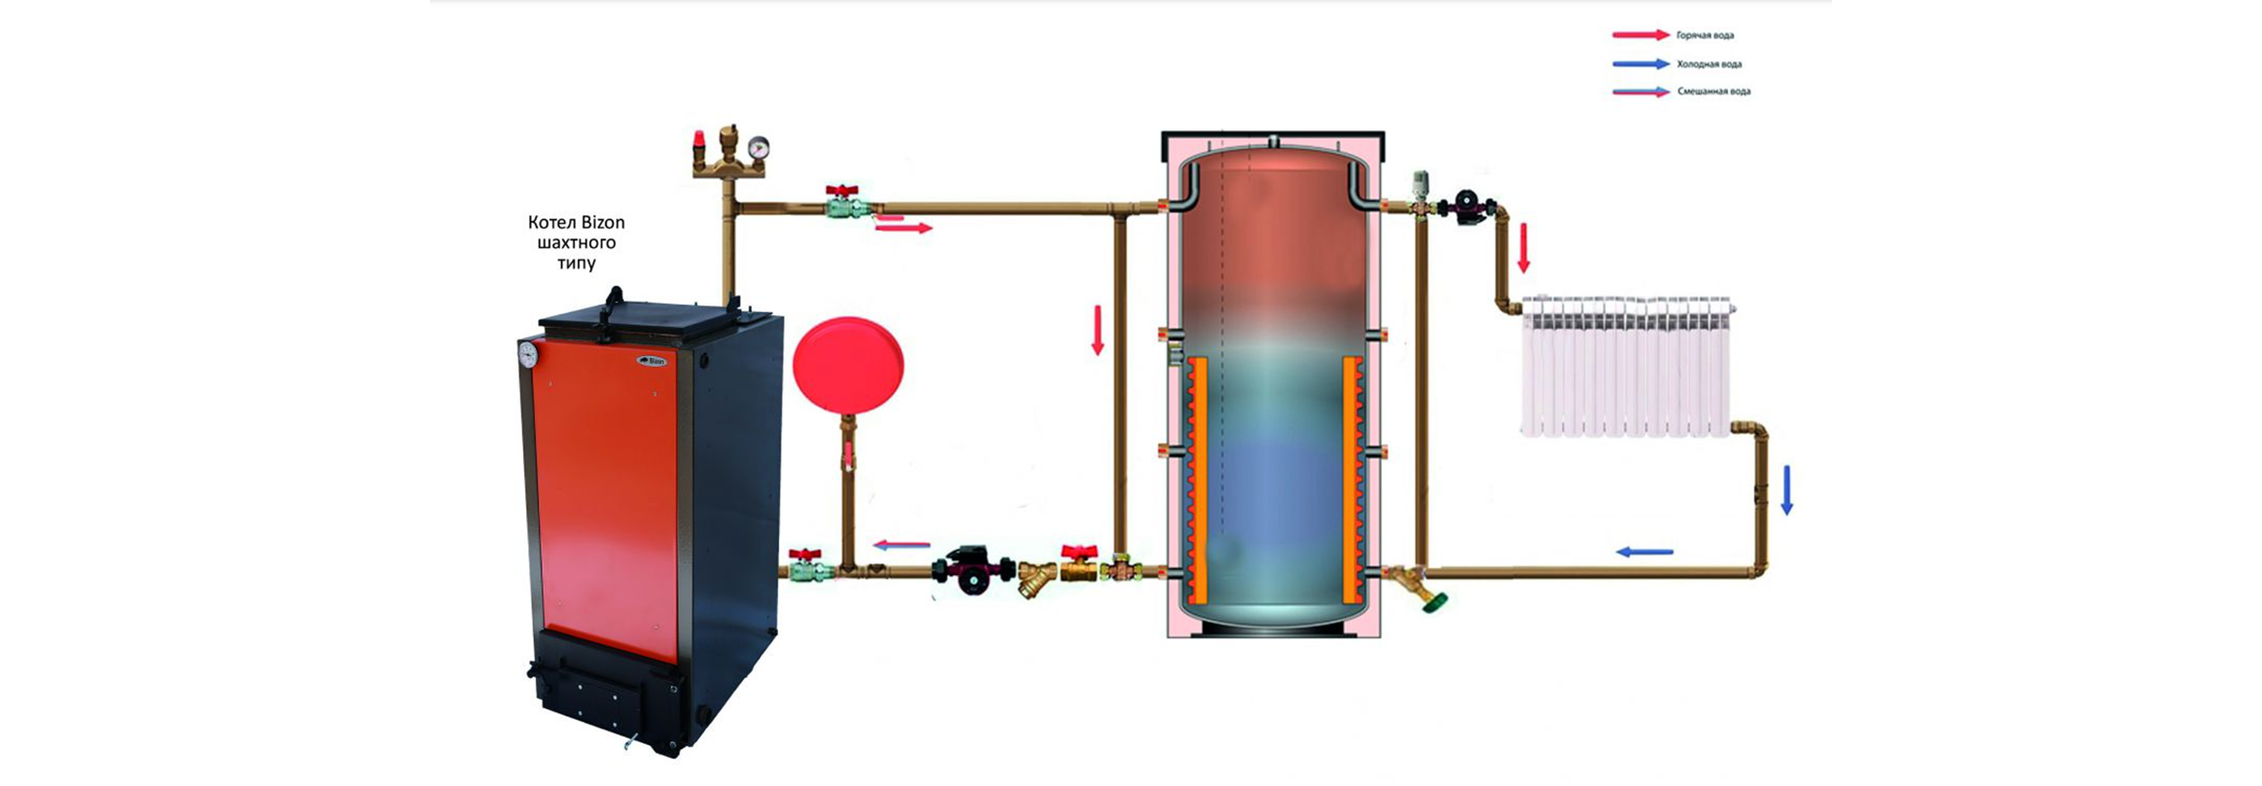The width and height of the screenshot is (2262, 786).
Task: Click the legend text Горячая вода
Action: (x=1705, y=35)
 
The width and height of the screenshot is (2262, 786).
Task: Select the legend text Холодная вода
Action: (x=1709, y=64)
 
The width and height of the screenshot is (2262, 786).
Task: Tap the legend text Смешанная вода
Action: (x=1714, y=91)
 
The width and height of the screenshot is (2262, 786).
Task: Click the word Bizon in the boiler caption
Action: (x=603, y=222)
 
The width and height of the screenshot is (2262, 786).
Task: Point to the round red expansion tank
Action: (x=848, y=364)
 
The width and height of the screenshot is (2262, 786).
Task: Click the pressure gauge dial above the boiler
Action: (x=759, y=147)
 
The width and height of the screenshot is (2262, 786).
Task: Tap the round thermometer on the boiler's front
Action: (x=528, y=354)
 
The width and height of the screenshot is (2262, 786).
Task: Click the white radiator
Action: (x=1627, y=366)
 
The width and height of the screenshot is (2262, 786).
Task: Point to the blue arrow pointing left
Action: (x=1644, y=553)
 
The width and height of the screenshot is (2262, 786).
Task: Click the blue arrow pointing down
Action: (x=1786, y=490)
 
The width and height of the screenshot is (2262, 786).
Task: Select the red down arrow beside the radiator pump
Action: (x=1524, y=248)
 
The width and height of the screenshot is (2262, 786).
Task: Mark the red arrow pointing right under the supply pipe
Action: (x=903, y=228)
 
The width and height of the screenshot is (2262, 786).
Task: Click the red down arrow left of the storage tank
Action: (x=1098, y=331)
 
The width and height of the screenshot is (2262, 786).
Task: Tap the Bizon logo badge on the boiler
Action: (x=653, y=361)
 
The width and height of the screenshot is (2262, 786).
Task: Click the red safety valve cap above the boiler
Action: (x=698, y=140)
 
